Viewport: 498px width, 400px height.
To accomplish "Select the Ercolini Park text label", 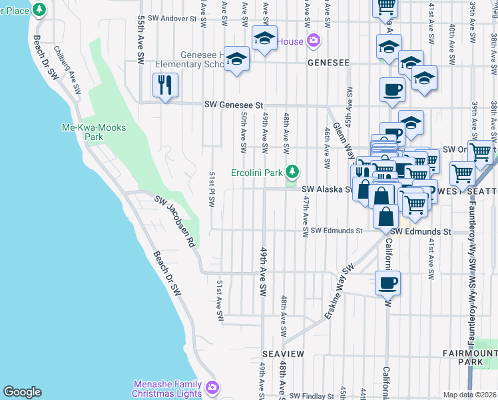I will click(x=257, y=173).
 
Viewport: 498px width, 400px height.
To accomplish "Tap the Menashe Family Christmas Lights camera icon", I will click(x=212, y=387).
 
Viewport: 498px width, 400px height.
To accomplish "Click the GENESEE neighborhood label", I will click(x=328, y=63).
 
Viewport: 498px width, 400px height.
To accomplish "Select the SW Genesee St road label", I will click(x=234, y=105).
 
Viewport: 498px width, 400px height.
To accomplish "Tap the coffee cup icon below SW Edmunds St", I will click(x=388, y=283).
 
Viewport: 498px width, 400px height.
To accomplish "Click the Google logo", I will click(x=22, y=392).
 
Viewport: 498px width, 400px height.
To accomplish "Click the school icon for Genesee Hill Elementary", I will click(x=236, y=59).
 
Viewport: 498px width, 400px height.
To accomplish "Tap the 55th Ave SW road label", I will click(x=140, y=40).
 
